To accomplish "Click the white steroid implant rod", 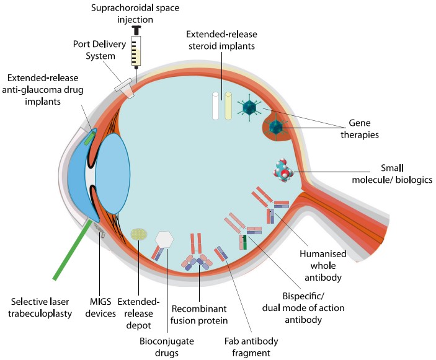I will tap(216, 106).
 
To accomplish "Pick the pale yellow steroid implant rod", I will tap(228, 106).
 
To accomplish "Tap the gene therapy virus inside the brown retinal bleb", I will tap(276, 128).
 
